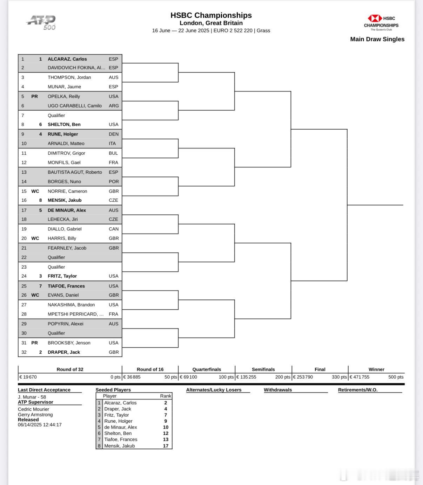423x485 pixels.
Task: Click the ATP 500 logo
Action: [x=41, y=22]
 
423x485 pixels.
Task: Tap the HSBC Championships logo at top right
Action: [x=381, y=22]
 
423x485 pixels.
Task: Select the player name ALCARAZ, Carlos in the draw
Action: [x=67, y=59]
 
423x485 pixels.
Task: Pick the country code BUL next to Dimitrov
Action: [x=113, y=153]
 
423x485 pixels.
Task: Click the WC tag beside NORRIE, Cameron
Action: [x=35, y=191]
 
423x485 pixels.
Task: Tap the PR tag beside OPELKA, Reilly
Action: [x=34, y=96]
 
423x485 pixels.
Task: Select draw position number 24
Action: [x=24, y=276]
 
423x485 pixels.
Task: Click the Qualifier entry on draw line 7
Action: [x=56, y=115]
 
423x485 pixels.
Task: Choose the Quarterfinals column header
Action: [x=207, y=369]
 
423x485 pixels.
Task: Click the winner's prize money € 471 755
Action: [x=360, y=377]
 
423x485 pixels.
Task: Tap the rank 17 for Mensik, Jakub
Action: [x=166, y=446]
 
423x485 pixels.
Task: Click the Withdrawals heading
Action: [x=278, y=390]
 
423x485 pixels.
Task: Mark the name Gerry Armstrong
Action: [x=35, y=415]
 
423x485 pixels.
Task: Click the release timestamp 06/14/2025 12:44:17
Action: [x=40, y=425]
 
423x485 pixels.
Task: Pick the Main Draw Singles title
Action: [x=377, y=39]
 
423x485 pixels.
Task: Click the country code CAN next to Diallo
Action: [x=114, y=229]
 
